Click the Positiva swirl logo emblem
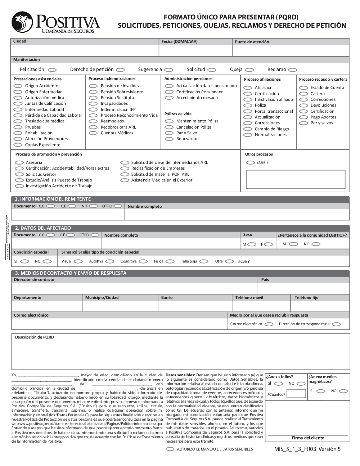[22, 22]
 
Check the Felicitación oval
[52, 70]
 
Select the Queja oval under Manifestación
[249, 70]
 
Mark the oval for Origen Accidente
[18, 86]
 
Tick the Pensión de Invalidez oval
[93, 86]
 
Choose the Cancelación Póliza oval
[169, 127]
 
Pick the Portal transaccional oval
[248, 112]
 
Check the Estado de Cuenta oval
[303, 88]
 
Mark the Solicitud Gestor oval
[19, 174]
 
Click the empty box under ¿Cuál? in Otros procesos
[296, 179]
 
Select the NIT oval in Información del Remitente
[94, 206]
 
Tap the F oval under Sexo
[268, 244]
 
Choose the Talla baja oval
[204, 261]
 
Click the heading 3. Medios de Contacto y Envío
[71, 273]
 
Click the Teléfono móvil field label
[249, 297]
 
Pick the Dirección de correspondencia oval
[336, 324]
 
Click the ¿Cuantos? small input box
[296, 394]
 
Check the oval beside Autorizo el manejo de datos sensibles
[170, 449]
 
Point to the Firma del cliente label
[308, 438]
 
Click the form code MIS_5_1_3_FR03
[295, 449]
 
